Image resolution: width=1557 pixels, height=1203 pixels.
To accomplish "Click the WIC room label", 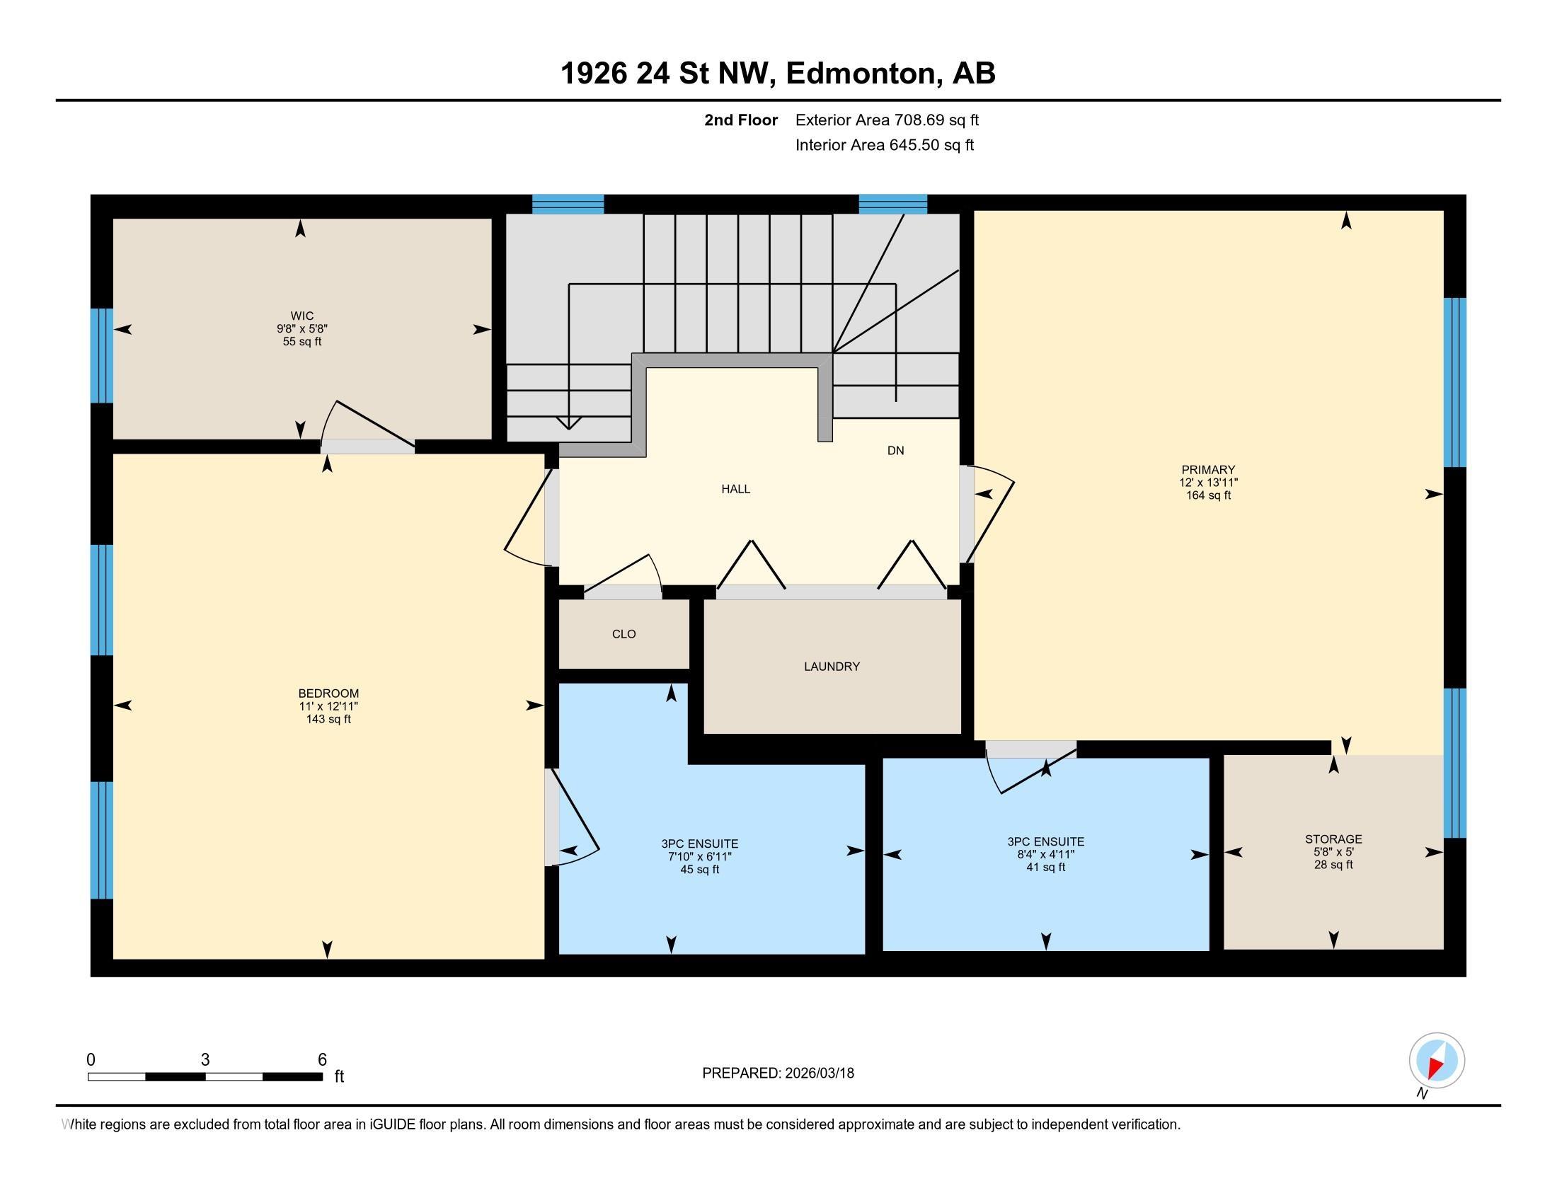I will (x=301, y=316).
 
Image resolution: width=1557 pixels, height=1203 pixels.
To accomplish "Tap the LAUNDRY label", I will (x=832, y=667).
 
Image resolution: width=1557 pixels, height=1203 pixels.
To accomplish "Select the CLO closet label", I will (x=623, y=633).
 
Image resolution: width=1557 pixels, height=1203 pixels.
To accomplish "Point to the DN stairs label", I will (x=895, y=450).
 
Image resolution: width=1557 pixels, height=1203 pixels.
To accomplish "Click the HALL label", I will (x=735, y=489).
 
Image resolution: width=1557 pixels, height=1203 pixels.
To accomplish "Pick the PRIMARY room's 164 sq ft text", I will (x=1207, y=495).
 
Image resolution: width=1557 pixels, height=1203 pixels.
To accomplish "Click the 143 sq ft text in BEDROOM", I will (x=328, y=719).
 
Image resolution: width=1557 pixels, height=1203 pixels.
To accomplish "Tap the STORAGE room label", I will (x=1333, y=839).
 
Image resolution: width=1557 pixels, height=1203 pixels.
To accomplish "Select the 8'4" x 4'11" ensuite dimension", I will (x=1045, y=855).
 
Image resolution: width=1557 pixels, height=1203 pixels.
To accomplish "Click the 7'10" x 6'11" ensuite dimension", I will (x=699, y=857).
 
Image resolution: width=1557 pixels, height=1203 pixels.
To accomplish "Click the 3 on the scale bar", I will (x=205, y=1060).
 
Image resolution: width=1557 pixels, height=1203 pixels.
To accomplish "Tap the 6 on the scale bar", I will (x=321, y=1060).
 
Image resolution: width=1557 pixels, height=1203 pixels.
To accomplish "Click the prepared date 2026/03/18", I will (x=817, y=1074).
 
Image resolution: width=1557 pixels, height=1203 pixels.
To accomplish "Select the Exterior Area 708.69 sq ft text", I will (x=887, y=120).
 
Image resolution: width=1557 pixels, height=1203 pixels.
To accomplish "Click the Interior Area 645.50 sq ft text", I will (x=884, y=145).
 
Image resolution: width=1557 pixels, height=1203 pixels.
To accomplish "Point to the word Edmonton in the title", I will (x=861, y=74).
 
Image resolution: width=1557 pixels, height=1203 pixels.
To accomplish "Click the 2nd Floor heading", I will (x=740, y=120).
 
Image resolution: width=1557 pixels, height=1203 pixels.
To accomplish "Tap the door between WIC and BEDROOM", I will (x=367, y=446).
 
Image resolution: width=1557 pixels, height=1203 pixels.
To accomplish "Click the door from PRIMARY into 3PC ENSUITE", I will (x=1031, y=749).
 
